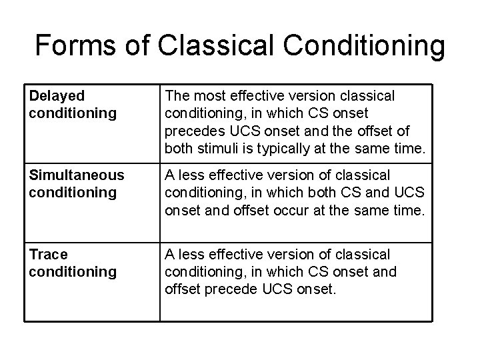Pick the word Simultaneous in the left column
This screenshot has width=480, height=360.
tap(77, 175)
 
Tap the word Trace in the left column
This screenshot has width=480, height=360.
tap(48, 254)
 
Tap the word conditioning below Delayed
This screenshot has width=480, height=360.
tap(73, 113)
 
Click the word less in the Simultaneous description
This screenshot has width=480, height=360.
tap(191, 175)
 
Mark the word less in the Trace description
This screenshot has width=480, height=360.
tap(191, 254)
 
